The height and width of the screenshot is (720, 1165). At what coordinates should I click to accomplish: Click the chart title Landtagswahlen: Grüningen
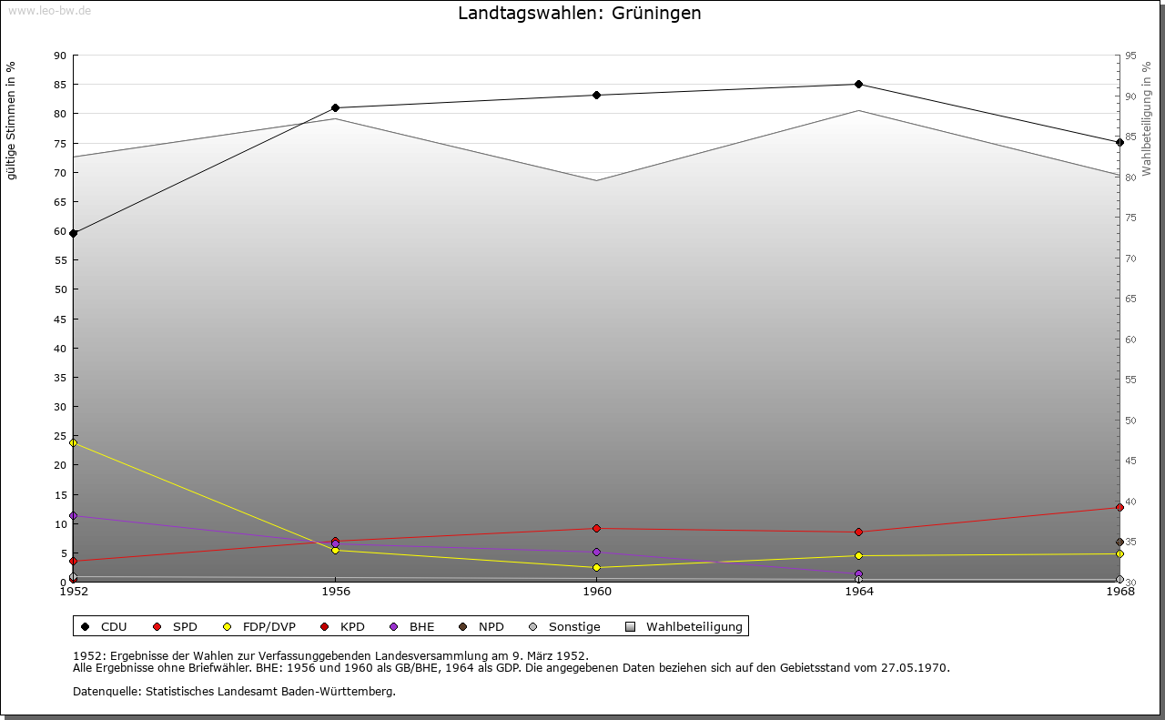(x=579, y=14)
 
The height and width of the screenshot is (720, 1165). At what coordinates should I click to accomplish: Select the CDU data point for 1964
(x=858, y=85)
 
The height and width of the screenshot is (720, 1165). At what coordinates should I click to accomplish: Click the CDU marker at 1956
(x=335, y=107)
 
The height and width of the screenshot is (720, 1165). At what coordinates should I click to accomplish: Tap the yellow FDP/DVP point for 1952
(x=74, y=442)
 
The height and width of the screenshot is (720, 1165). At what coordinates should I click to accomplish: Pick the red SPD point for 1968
(x=1119, y=507)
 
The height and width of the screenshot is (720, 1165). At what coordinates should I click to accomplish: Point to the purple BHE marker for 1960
(x=597, y=552)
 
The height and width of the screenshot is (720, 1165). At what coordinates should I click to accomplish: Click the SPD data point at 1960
(x=597, y=528)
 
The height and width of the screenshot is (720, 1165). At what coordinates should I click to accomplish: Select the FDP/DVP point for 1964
(x=858, y=555)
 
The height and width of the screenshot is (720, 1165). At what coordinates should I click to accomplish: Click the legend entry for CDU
(x=105, y=626)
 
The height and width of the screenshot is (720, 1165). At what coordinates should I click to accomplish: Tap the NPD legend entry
(x=481, y=626)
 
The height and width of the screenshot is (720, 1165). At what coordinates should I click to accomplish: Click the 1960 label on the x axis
(x=597, y=592)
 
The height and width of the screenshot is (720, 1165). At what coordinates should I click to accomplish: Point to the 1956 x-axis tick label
(x=335, y=592)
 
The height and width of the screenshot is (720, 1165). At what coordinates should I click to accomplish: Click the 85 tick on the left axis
(x=59, y=85)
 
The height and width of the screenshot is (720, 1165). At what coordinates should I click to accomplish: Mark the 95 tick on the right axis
(x=1130, y=56)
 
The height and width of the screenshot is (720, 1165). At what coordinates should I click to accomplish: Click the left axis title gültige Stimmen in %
(x=12, y=121)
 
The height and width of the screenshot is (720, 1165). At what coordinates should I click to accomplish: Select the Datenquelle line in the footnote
(x=234, y=691)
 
